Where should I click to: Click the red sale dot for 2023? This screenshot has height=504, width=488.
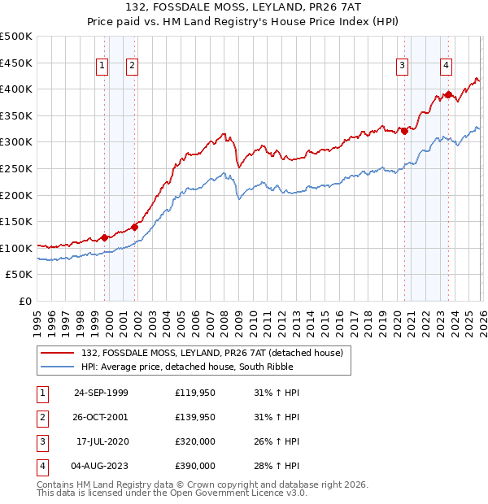[448, 94]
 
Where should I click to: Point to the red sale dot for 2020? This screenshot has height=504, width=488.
[404, 132]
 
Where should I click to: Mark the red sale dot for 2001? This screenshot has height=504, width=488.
[135, 228]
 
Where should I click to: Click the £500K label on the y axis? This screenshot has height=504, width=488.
[16, 37]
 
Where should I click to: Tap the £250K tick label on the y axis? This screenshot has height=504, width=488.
[16, 168]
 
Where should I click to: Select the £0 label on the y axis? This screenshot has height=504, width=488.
[24, 301]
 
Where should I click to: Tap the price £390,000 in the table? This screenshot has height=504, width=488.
[195, 466]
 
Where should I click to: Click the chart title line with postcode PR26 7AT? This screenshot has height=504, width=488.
[243, 8]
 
